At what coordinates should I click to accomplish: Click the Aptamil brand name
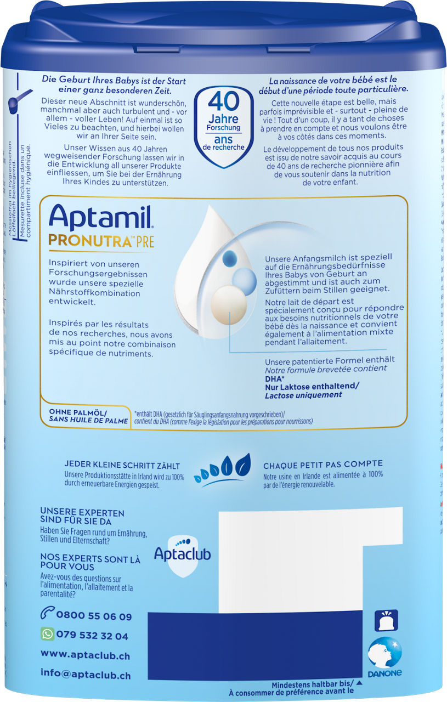point(101,218)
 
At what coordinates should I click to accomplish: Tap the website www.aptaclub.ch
point(84,654)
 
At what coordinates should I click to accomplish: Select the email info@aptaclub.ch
point(86,673)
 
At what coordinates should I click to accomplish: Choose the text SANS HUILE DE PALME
point(84,421)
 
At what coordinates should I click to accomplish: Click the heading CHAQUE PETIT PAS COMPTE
point(323,464)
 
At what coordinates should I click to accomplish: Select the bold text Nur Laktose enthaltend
point(312,386)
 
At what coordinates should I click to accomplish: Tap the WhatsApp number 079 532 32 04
point(92,636)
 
